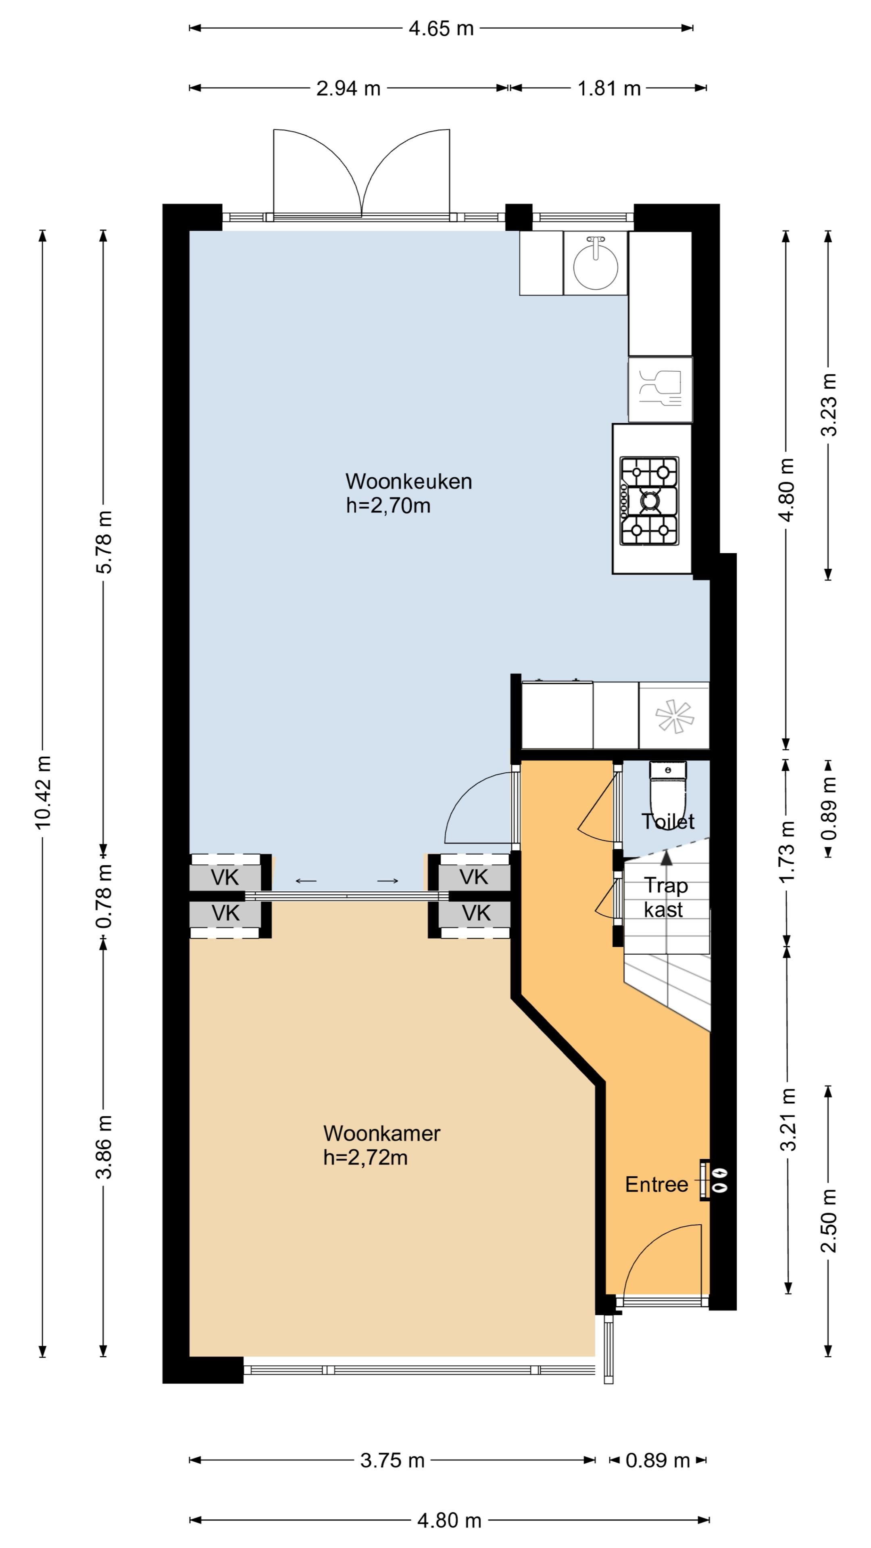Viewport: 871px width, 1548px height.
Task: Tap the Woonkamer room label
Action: click(x=382, y=1133)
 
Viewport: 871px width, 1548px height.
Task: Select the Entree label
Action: click(x=656, y=1184)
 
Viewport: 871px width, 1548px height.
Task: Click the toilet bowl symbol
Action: click(x=667, y=790)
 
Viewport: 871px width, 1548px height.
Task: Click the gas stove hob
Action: click(x=649, y=501)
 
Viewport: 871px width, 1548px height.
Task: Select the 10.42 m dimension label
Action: click(x=43, y=792)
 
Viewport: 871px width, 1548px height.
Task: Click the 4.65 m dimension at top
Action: click(x=441, y=28)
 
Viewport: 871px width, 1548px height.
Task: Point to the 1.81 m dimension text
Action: click(x=609, y=88)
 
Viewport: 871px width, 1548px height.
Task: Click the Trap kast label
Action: click(x=665, y=897)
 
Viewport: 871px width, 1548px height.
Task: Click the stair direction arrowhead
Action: click(x=667, y=857)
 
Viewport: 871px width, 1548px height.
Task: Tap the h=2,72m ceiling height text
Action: click(x=365, y=1157)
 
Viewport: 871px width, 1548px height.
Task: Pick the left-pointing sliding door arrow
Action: click(x=306, y=882)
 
